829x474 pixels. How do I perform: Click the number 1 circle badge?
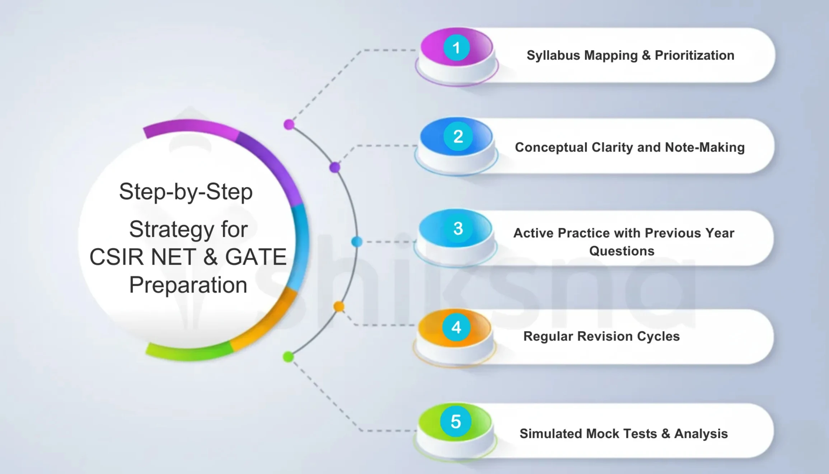[456, 47]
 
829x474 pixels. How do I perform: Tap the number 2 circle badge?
[458, 136]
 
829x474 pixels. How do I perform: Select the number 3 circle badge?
[458, 228]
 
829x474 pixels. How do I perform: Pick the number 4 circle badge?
[456, 327]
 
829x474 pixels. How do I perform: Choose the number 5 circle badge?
[456, 422]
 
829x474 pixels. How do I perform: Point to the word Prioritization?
[694, 55]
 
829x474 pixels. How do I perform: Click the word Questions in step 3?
[622, 251]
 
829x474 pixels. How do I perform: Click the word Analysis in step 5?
[701, 434]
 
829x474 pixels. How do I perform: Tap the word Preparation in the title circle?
[188, 285]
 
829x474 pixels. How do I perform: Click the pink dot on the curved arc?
[289, 125]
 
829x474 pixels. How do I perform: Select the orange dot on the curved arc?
[339, 307]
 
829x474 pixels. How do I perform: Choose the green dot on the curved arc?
[288, 357]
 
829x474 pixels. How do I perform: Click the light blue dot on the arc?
[357, 242]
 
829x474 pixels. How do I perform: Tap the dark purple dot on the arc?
[334, 167]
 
